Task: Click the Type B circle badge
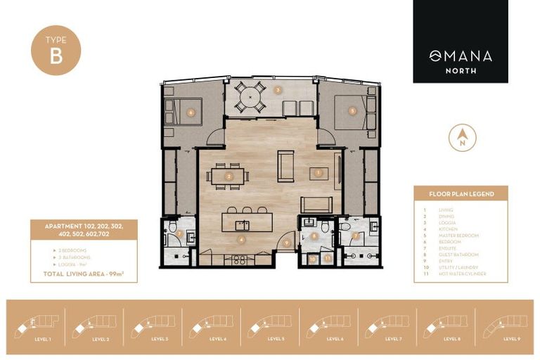[x=56, y=51]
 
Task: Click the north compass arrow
[x=462, y=136]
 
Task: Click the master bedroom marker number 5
[x=352, y=110]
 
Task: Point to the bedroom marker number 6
[x=191, y=111]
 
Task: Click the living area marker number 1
[x=319, y=172]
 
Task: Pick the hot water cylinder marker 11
[x=328, y=259]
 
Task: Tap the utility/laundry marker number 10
[x=312, y=259]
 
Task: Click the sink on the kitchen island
[x=243, y=224]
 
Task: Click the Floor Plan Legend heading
[x=461, y=193]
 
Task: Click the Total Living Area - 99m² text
[x=84, y=271]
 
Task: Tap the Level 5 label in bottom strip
[x=276, y=338]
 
